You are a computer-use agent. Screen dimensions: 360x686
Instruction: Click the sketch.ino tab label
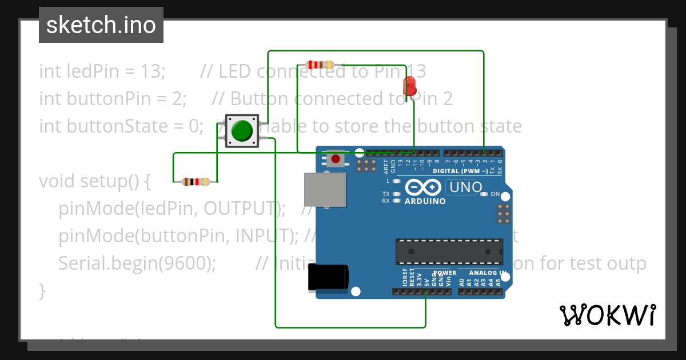click(101, 25)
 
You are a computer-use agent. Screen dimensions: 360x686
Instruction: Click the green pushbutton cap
click(242, 130)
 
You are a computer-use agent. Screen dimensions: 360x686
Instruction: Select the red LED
click(409, 86)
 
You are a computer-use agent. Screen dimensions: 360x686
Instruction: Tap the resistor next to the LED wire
click(320, 65)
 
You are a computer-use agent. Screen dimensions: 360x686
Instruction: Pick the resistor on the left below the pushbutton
click(196, 182)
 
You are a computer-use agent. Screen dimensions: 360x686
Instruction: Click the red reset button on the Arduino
click(336, 158)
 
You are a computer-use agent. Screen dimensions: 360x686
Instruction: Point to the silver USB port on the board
click(325, 189)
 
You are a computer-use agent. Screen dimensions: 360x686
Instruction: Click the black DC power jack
click(328, 277)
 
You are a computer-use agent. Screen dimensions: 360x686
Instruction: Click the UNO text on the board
click(466, 187)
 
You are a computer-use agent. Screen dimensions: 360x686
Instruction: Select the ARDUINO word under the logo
click(425, 201)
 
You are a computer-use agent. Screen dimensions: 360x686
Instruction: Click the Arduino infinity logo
click(422, 187)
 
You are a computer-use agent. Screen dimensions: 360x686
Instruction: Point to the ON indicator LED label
click(495, 194)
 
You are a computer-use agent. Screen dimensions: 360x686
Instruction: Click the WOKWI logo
click(607, 315)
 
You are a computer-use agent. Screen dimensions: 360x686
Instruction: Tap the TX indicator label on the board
click(386, 194)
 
